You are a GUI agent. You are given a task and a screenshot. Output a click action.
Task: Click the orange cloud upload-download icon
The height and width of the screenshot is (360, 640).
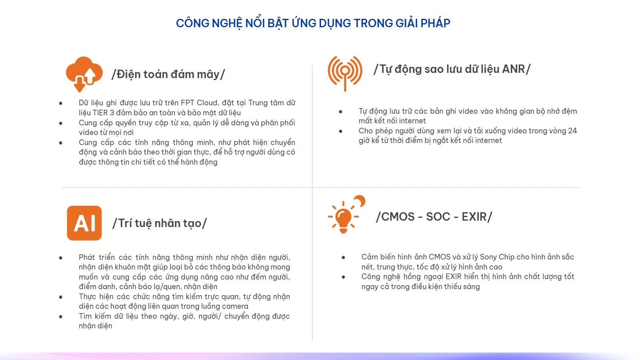click(x=84, y=74)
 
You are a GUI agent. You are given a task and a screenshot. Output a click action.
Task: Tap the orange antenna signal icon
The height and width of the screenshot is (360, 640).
click(x=345, y=74)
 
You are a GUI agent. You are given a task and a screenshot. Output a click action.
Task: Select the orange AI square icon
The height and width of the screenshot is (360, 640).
click(x=84, y=223)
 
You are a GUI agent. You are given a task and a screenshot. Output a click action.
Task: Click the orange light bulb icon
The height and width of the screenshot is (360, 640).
click(x=344, y=218)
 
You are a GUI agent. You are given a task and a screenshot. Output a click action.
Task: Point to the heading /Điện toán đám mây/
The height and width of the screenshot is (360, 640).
click(x=168, y=74)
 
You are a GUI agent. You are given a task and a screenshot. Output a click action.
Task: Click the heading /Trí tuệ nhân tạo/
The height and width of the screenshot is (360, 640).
click(x=159, y=223)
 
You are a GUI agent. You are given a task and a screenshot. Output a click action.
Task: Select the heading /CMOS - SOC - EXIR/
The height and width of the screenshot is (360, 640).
click(x=434, y=217)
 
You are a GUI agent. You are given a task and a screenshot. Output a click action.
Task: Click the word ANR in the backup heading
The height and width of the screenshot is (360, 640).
click(x=514, y=69)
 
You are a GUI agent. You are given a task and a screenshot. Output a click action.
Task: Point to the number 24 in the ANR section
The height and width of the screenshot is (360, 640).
click(x=573, y=131)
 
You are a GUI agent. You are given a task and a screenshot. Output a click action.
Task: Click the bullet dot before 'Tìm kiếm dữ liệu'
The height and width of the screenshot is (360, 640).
click(x=60, y=316)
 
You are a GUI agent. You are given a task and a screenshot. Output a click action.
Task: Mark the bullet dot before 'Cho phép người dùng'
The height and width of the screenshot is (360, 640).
click(x=341, y=131)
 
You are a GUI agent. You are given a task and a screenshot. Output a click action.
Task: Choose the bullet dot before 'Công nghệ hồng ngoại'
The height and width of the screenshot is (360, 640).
click(x=343, y=277)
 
